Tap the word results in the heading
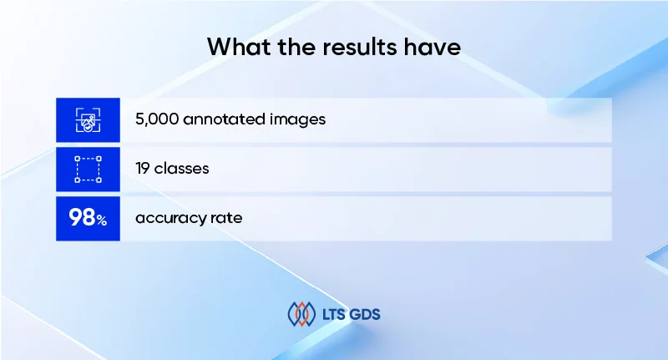coord(354,47)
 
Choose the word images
coord(297,119)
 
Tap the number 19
coord(143,169)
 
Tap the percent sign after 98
coord(101,221)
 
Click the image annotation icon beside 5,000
coord(88,119)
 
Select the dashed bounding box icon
coord(88,169)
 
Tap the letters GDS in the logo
coord(367,315)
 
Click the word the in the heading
coord(293,47)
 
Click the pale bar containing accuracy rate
coord(417,219)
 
